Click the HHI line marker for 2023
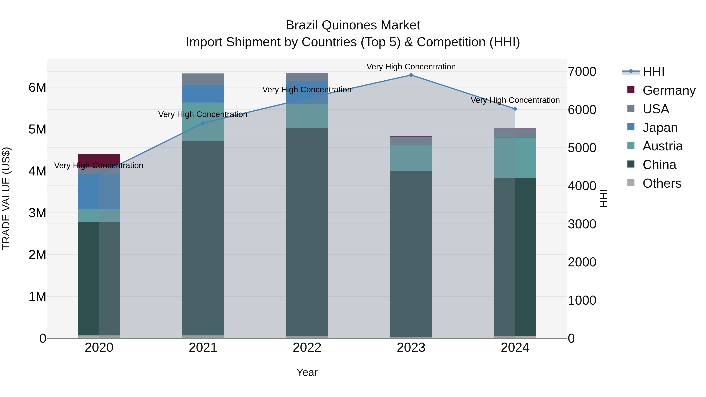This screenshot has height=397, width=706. [411, 75]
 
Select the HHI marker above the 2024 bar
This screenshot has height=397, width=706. [515, 109]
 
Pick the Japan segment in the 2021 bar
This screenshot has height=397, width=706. [203, 94]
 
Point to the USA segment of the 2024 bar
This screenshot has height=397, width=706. [515, 133]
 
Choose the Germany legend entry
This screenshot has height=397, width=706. [669, 90]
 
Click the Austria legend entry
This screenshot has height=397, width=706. [662, 146]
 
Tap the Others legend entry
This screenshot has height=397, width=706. [662, 183]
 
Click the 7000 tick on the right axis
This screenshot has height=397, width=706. [582, 72]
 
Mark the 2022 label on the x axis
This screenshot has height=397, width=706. [307, 348]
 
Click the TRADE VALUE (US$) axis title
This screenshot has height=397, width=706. [6, 198]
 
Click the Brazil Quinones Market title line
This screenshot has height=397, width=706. [353, 25]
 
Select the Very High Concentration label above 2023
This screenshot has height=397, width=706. [411, 67]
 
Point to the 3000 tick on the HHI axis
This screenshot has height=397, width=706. [582, 224]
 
